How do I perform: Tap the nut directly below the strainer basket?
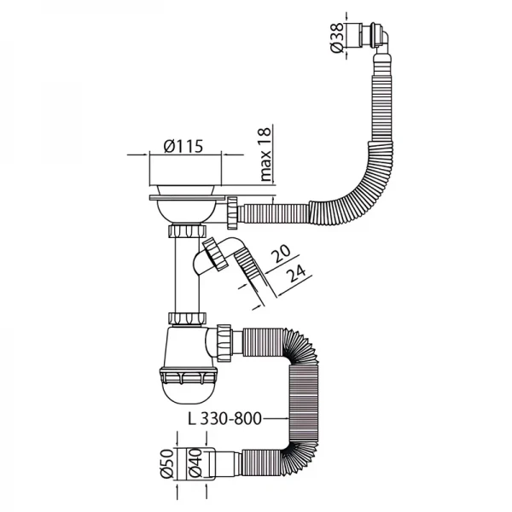187,232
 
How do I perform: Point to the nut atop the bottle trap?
187,318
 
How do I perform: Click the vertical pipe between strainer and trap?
187,277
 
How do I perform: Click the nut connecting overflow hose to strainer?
233,209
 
